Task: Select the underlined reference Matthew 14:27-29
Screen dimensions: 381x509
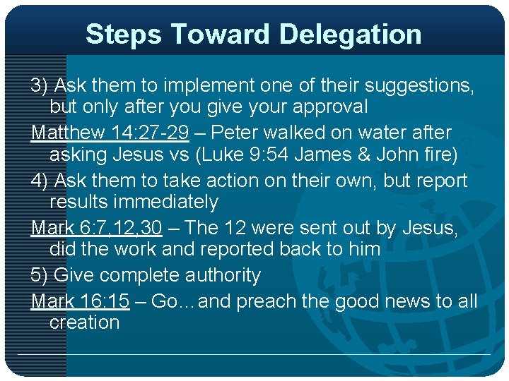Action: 110,132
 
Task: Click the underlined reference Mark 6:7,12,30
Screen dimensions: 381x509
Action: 97,227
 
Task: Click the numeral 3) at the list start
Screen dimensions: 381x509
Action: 39,85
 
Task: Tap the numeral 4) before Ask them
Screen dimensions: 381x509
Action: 39,181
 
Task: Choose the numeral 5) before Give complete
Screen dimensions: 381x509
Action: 39,275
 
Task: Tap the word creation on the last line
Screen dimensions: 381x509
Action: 84,322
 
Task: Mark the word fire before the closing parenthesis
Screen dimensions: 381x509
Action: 439,155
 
